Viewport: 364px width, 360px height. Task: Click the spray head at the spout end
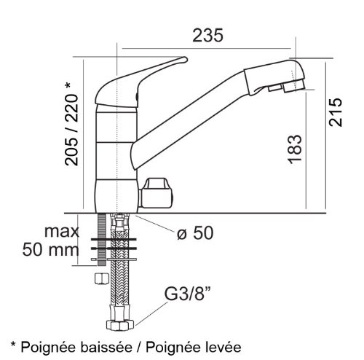pos(274,76)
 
